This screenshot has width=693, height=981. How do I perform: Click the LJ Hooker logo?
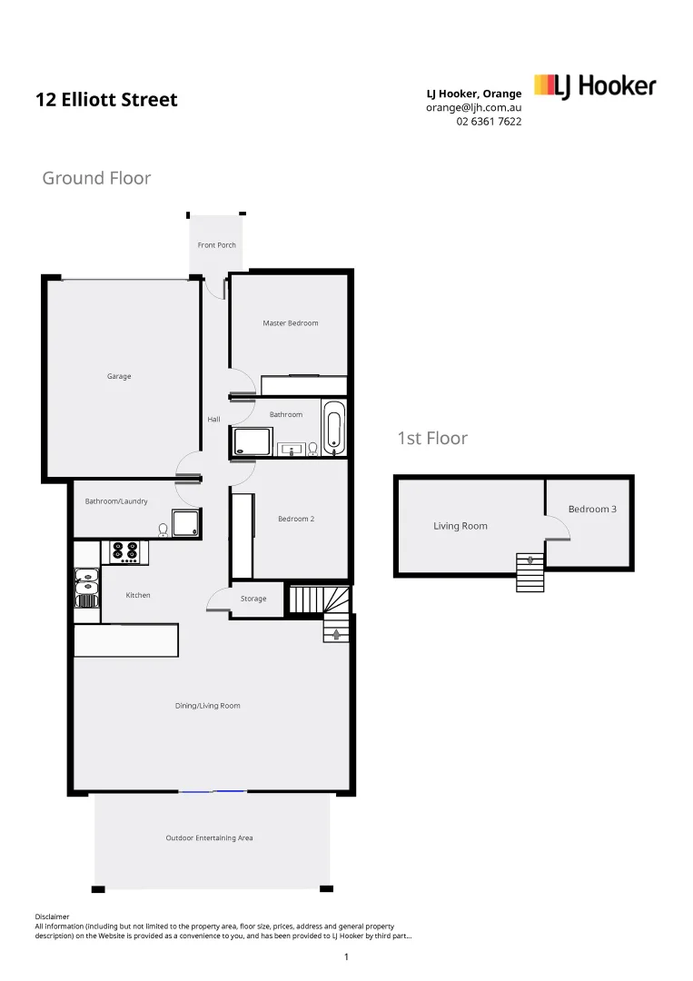click(595, 86)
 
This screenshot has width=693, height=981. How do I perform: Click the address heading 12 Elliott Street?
click(106, 100)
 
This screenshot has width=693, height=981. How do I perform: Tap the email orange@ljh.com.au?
click(473, 107)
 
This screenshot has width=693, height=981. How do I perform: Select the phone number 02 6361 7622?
click(489, 122)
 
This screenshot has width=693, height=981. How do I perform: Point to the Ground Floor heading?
click(96, 178)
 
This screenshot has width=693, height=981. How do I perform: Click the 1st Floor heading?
click(432, 439)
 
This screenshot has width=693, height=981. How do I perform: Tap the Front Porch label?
click(217, 245)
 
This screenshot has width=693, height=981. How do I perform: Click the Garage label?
click(119, 376)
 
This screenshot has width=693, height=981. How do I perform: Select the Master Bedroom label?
click(290, 323)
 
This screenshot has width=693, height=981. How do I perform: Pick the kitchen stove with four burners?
click(124, 551)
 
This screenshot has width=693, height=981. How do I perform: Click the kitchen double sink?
click(86, 587)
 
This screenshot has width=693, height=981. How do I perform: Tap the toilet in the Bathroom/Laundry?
click(163, 529)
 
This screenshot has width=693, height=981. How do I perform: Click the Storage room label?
click(253, 599)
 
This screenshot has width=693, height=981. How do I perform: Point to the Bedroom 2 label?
click(296, 520)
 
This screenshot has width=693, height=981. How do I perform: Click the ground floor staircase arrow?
click(336, 633)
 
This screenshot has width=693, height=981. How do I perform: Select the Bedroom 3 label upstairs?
click(592, 510)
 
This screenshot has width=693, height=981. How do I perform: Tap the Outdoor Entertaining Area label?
click(209, 837)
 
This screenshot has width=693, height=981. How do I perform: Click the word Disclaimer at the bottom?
click(52, 917)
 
